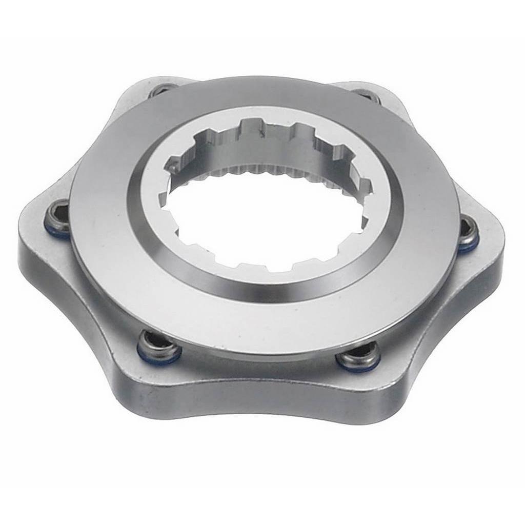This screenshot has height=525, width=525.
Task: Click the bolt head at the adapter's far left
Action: pos(57,219)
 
